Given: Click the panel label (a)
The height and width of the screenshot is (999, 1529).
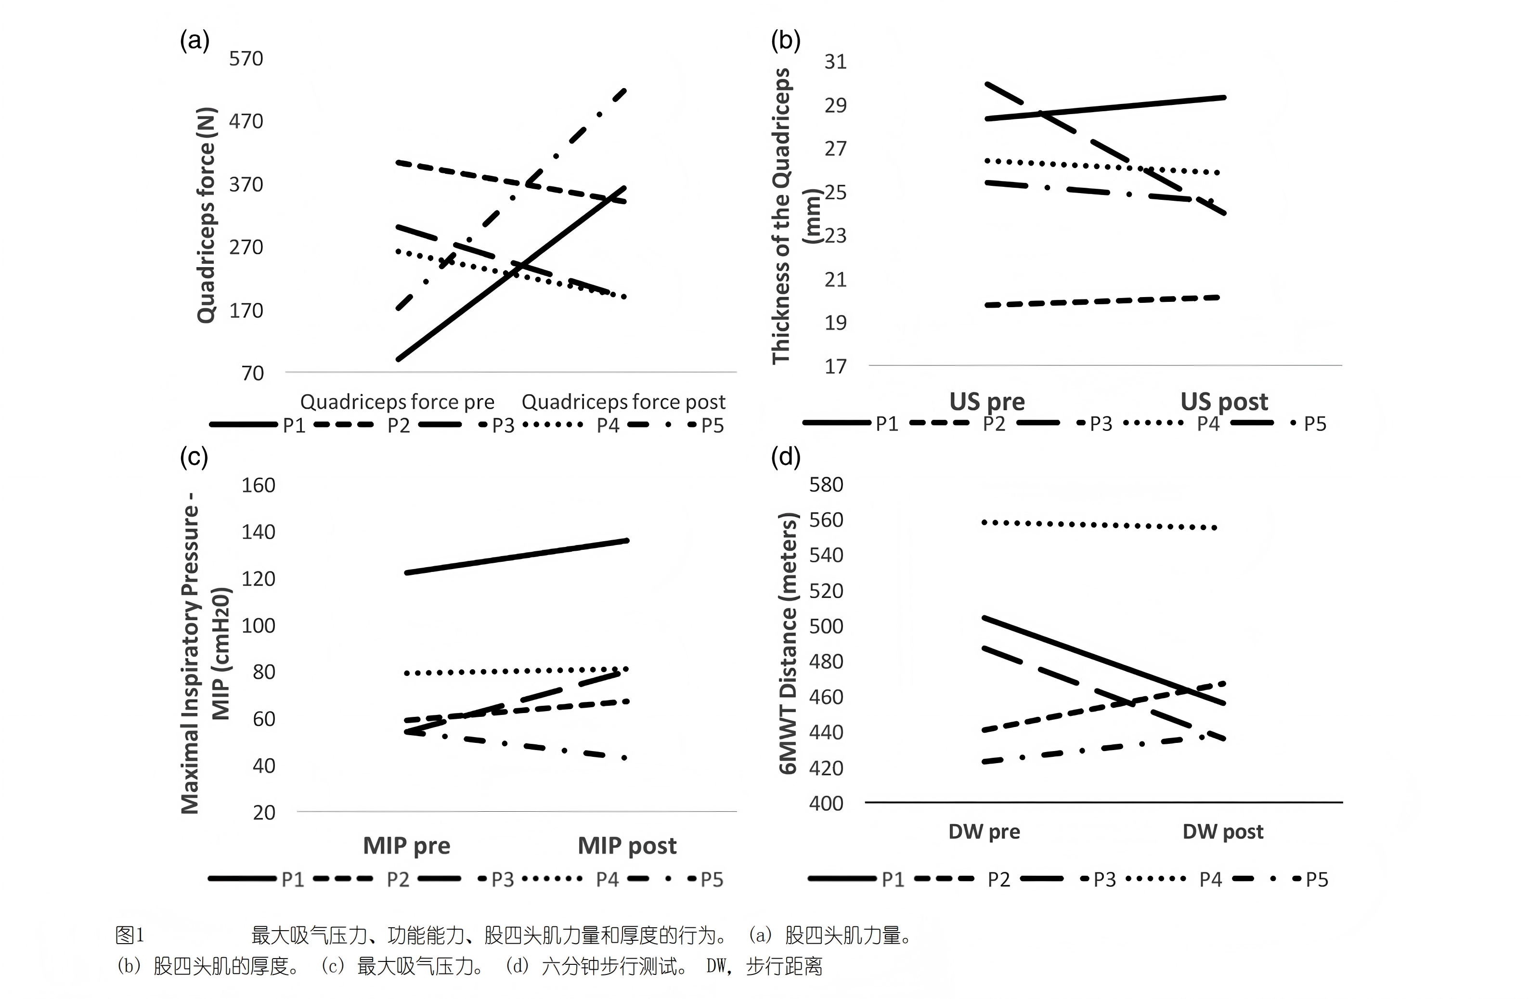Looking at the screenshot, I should [x=194, y=40].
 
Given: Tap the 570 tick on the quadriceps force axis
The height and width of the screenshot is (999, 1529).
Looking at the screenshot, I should [x=246, y=59].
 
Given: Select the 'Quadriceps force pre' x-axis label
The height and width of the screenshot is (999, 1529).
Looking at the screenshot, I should [x=397, y=402].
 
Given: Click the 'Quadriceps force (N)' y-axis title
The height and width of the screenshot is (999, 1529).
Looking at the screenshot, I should [x=206, y=215].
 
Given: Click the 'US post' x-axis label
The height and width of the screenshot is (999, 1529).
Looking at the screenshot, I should [x=1224, y=402].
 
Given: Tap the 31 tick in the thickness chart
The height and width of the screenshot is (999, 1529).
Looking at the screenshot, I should [x=835, y=62].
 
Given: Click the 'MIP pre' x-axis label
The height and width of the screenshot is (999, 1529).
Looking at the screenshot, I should [x=407, y=845].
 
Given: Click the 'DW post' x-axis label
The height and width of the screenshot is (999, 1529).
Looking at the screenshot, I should [x=1222, y=832].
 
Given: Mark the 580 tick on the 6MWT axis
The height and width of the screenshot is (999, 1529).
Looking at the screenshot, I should [x=826, y=484].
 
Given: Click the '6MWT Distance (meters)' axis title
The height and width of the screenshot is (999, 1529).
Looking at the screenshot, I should [x=788, y=642].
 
